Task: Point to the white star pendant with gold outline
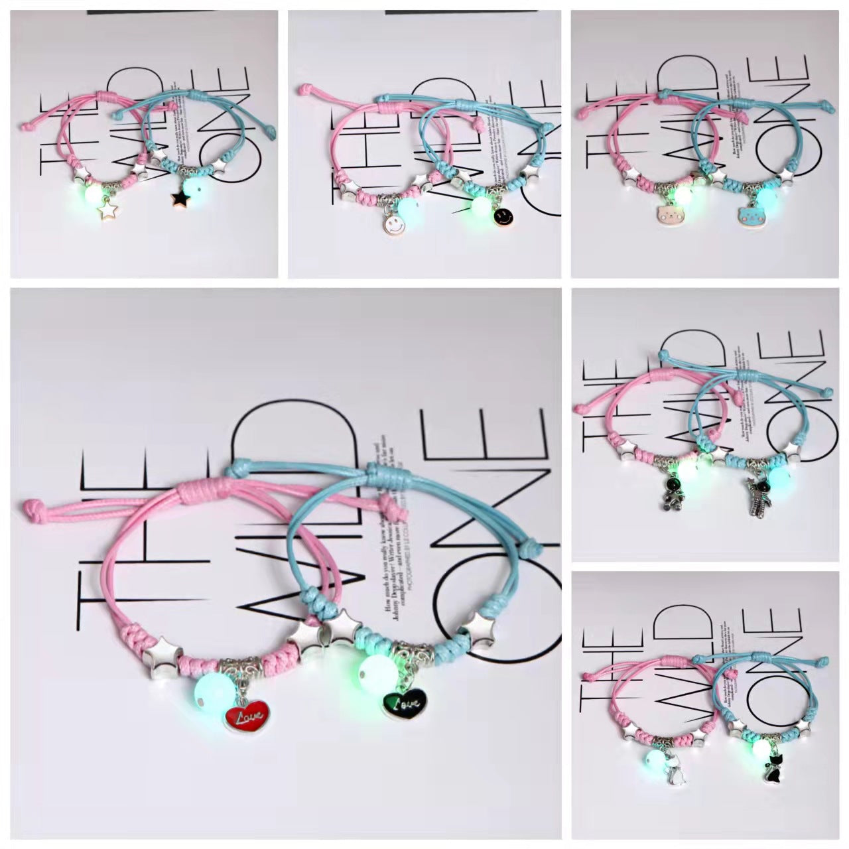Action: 106,210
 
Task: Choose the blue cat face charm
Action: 749,216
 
